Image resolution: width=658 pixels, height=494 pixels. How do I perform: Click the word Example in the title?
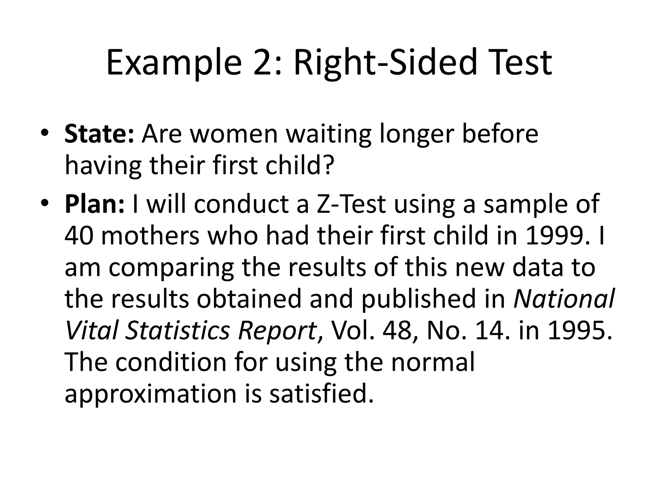pos(173,63)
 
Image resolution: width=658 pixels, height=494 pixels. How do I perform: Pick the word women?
pos(234,134)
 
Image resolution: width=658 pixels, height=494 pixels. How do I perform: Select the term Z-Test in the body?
pos(351,204)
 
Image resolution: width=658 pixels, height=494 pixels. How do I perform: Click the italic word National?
pos(564,299)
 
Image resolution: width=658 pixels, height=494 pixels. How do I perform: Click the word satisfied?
pos(322,394)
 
